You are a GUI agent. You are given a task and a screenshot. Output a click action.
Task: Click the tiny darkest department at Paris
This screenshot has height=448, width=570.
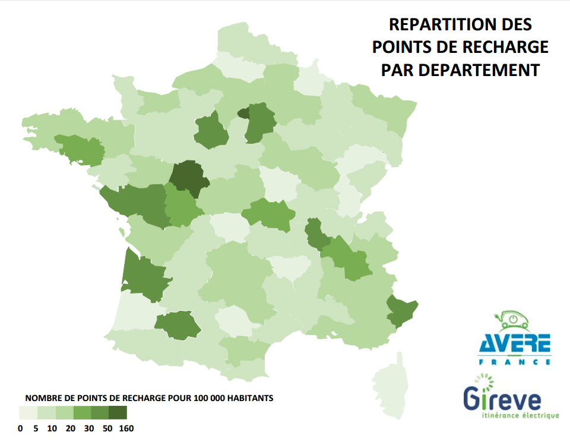coord(243,113)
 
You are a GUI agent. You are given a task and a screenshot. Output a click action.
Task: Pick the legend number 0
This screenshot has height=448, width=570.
coord(21,428)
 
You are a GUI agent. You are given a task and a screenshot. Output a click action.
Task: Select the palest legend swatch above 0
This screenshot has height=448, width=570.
coord(28,413)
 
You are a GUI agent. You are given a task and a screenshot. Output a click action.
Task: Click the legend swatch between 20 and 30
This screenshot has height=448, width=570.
coord(82,413)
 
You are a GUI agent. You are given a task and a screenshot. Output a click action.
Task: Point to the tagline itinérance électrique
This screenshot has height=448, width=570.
coord(521,415)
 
